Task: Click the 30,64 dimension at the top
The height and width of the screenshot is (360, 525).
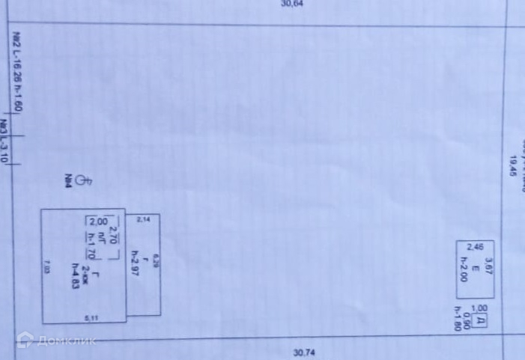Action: (291, 4)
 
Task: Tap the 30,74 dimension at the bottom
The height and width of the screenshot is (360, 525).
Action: (304, 353)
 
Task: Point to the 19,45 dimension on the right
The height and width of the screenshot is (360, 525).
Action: (513, 165)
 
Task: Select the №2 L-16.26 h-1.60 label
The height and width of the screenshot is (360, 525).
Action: (17, 72)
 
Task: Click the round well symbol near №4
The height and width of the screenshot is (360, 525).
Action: (84, 180)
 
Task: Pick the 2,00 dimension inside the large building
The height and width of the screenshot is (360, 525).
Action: (98, 222)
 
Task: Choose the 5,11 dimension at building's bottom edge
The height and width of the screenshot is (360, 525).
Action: (91, 318)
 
